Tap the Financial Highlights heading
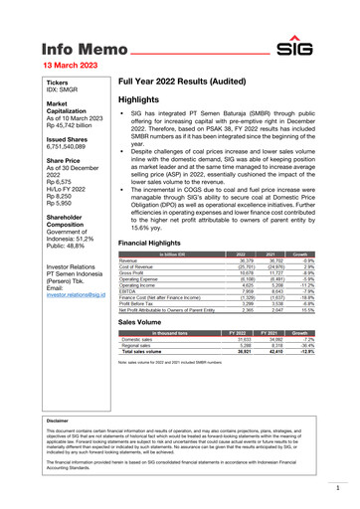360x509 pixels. [x=155, y=243]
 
